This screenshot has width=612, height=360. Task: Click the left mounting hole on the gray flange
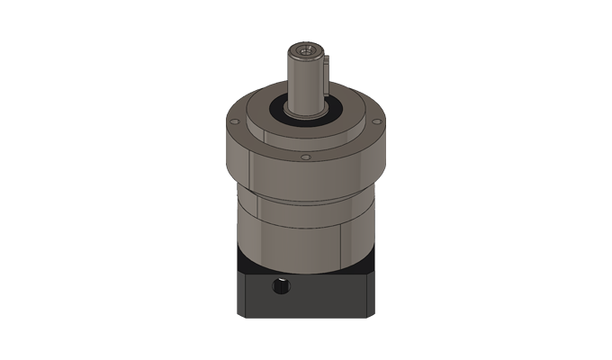(x=242, y=123)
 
